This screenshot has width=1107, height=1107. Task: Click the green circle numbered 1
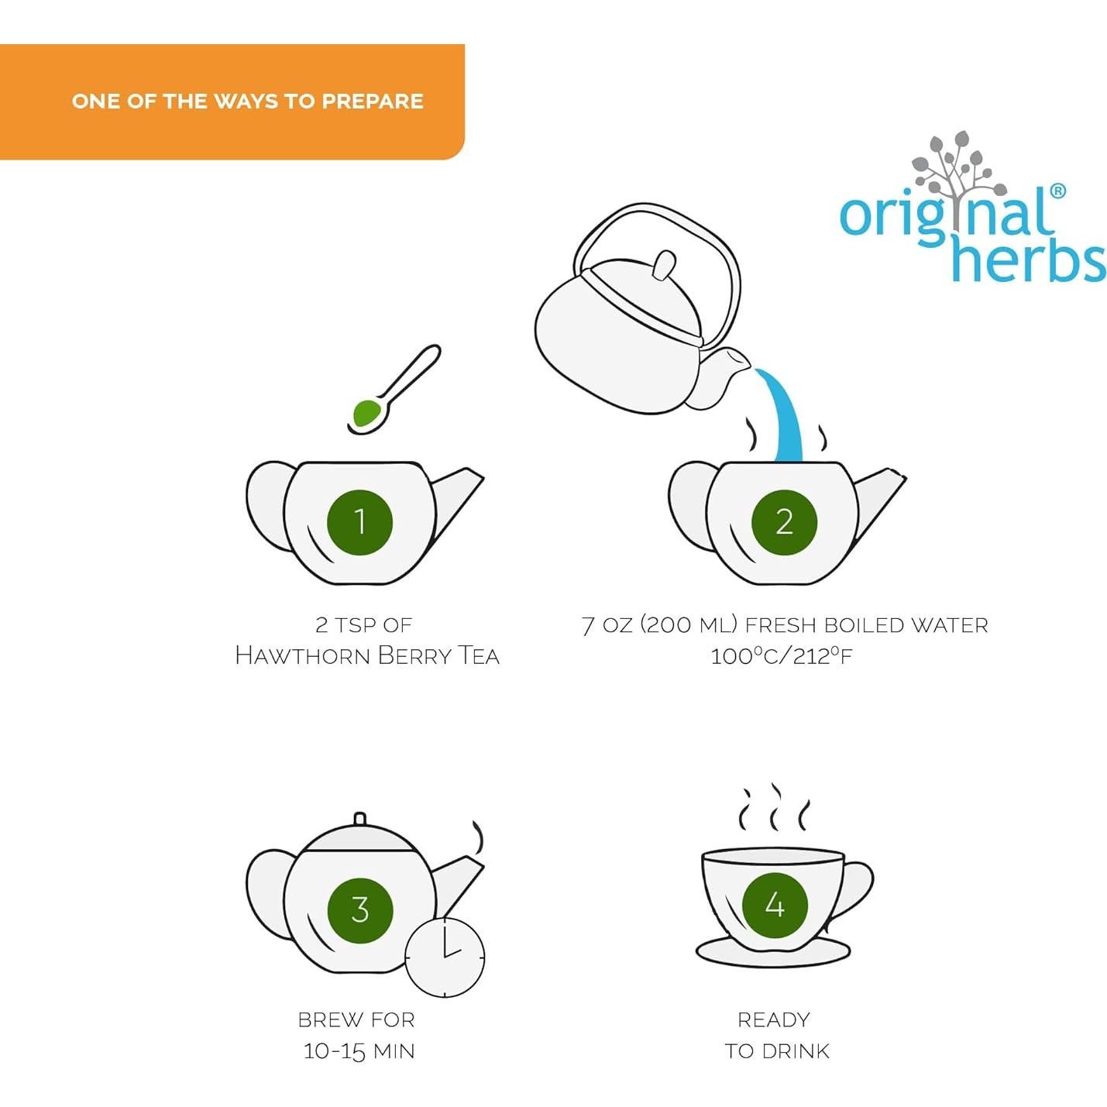click(x=359, y=522)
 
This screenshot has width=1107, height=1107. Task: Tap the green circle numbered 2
click(x=784, y=522)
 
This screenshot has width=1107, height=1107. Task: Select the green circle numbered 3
click(x=359, y=909)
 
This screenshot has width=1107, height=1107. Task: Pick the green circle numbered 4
click(x=775, y=905)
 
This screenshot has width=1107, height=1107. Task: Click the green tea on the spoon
click(x=366, y=412)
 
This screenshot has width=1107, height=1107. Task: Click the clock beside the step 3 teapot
click(x=445, y=957)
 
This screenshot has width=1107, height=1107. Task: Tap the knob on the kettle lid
click(x=664, y=266)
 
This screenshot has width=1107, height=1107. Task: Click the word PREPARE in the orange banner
click(x=373, y=101)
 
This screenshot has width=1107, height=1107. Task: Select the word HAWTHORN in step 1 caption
click(x=303, y=656)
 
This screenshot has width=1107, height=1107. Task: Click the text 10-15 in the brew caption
click(x=334, y=1051)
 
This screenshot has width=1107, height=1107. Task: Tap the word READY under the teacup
click(x=774, y=1020)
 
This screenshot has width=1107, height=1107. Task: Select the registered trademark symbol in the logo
click(x=1057, y=191)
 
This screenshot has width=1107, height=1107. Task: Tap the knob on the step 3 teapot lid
click(x=359, y=819)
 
